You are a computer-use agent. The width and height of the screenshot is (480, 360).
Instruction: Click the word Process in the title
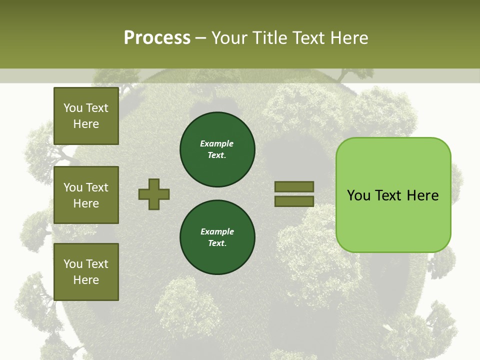pos(157,38)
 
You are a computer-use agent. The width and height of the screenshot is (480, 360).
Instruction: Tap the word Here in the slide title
pos(346,38)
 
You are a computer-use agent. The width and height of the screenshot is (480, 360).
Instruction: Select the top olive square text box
pos(86,116)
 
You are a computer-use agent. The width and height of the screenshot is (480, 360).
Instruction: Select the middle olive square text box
pos(86,195)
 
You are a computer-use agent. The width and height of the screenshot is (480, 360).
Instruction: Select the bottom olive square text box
pos(86,272)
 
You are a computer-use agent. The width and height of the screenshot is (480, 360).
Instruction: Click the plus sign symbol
pos(154,194)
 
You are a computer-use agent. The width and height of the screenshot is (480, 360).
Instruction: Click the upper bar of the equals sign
pos(294,186)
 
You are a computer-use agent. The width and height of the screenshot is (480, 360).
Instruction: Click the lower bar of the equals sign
pos(294,201)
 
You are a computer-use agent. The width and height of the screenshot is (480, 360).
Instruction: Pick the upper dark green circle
pos(217,149)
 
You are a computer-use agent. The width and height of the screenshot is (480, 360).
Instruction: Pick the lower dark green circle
pos(217,237)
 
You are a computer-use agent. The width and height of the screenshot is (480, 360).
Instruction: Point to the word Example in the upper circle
pos(216,143)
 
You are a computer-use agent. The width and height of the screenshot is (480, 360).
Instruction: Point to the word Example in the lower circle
pos(217,231)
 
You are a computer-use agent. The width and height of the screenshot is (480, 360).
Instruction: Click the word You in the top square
pos(73,108)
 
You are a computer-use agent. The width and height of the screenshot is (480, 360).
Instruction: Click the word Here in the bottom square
pos(86,280)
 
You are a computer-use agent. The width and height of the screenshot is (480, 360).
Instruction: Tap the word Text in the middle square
pos(97,187)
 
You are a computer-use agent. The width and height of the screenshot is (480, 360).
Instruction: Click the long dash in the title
pos(200,38)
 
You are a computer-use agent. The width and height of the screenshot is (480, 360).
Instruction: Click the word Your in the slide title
pos(228,38)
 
